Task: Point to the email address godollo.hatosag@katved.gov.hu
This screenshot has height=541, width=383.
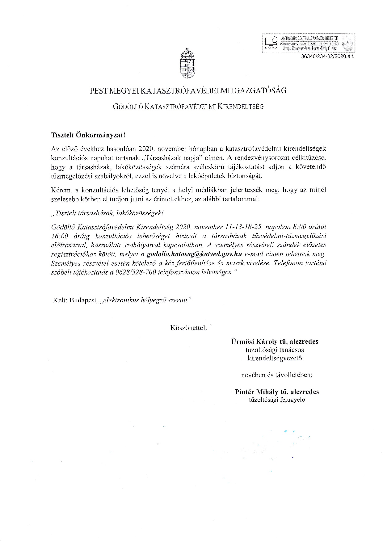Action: [x=194, y=254]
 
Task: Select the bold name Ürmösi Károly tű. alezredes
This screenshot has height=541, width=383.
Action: [x=275, y=342]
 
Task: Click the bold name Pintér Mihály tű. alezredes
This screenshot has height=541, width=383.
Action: [x=277, y=392]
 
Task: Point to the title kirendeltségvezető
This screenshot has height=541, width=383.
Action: [x=275, y=358]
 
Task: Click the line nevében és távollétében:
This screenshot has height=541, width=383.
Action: [x=276, y=375]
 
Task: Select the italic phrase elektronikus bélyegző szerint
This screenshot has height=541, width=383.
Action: [x=146, y=300]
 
